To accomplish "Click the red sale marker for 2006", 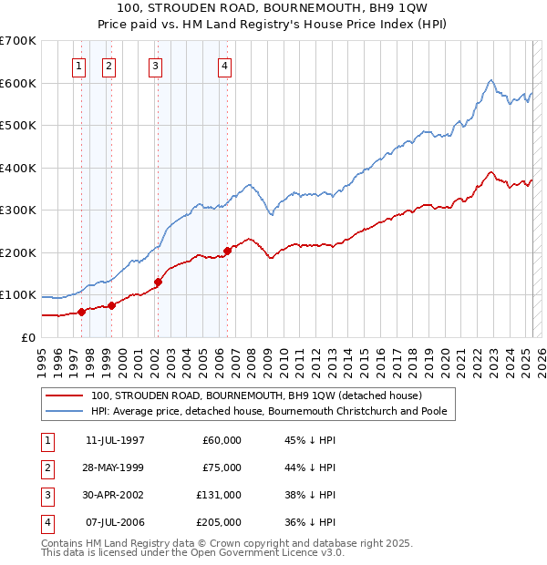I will [x=227, y=251].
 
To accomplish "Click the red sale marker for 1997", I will [x=81, y=312].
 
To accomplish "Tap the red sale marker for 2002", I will [x=158, y=282].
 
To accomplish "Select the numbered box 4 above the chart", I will [x=224, y=66].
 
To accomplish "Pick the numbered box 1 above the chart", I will [x=79, y=66].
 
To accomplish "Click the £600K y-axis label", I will [x=19, y=83].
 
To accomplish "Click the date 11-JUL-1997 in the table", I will [x=115, y=440].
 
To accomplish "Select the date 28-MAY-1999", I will [x=115, y=467].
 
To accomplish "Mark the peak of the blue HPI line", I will [x=490, y=80].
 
